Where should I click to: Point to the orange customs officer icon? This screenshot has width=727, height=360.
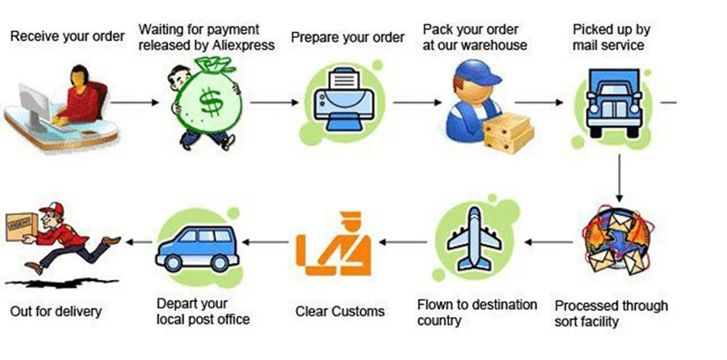(339, 244)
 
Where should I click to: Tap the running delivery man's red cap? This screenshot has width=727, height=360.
(49, 210)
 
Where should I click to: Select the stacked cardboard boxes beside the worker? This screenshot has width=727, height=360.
(509, 132)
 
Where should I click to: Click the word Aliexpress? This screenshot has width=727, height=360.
(239, 44)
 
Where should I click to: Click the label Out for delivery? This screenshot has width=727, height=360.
(56, 311)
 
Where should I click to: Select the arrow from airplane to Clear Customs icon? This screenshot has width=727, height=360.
(403, 241)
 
